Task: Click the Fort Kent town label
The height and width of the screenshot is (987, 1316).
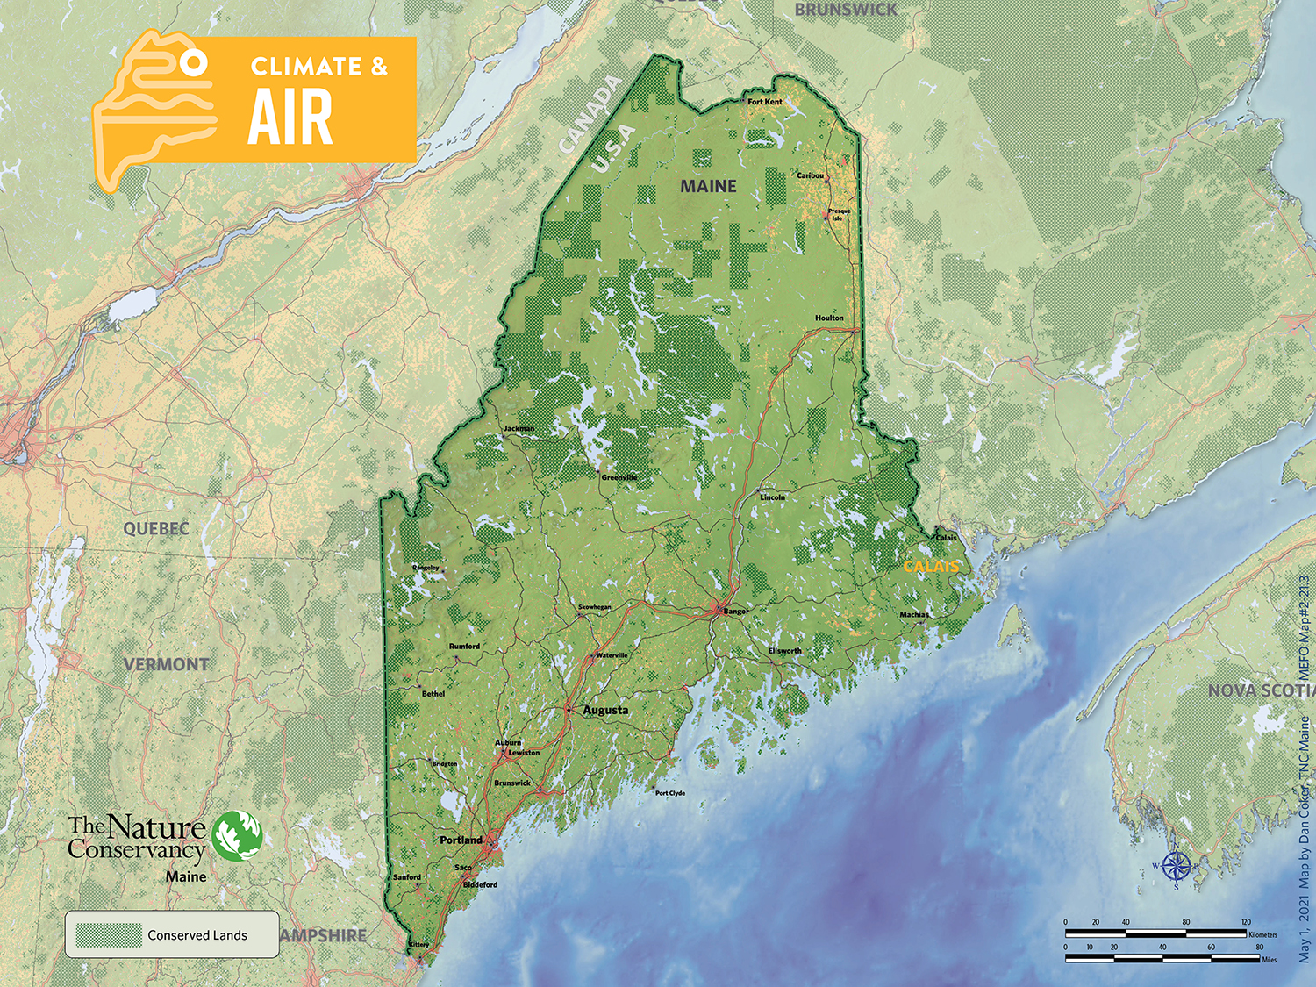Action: pos(764,102)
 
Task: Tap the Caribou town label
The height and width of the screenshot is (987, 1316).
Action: pos(810,175)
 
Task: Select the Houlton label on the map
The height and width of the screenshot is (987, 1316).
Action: pos(829,318)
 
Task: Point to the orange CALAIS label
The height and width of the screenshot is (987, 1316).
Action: pos(931,567)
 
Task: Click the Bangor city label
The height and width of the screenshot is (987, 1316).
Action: pos(736,611)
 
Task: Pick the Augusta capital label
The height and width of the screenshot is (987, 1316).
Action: pos(605,710)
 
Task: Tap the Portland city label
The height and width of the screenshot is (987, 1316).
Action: pos(461,840)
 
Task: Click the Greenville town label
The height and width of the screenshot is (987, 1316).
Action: pos(619,477)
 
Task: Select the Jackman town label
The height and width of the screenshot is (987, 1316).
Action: pos(519,428)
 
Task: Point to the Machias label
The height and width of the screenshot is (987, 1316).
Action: pos(913,614)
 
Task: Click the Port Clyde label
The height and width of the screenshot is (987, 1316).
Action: pos(670,793)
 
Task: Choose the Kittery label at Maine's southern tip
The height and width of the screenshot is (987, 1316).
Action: pos(418,944)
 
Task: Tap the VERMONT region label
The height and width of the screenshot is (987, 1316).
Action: pos(166,664)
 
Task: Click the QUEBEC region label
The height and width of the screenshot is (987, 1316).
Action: pos(156,528)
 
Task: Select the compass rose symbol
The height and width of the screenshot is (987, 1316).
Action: pos(1177,868)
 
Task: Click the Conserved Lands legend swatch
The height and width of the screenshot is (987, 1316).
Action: pos(109,935)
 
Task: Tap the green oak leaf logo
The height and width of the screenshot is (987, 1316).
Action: pos(237,834)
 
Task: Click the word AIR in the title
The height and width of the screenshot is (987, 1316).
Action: pos(290,118)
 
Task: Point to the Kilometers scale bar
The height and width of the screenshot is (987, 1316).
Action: pos(1155,933)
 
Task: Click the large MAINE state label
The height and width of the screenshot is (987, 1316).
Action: pos(708,186)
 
